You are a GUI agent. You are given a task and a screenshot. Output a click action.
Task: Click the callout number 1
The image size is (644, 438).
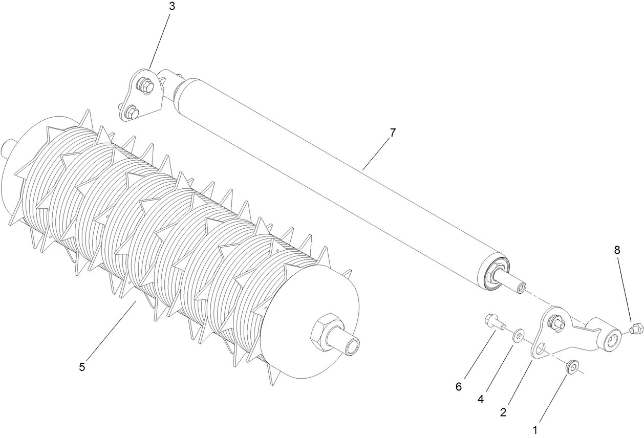(x=535, y=430)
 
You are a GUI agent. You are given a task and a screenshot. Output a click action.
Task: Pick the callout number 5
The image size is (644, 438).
(x=82, y=367)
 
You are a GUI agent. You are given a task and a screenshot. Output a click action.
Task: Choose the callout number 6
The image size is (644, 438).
(x=459, y=387)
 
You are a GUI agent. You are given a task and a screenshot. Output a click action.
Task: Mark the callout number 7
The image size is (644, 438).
(x=392, y=133)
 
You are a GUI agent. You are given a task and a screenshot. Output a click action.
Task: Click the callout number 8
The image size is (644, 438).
(x=617, y=250)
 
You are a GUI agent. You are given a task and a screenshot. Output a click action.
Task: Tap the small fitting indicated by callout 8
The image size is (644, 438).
(x=635, y=328)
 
